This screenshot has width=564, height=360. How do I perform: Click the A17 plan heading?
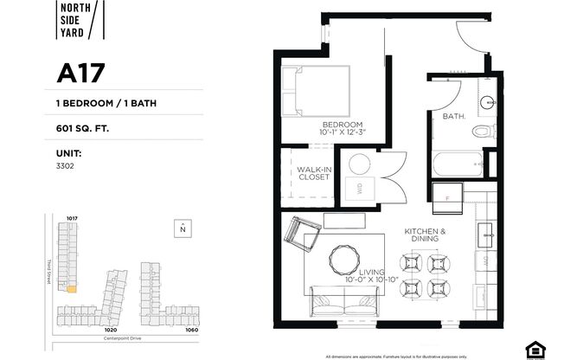tap(80, 74)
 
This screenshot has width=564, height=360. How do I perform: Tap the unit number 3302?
tap(66, 164)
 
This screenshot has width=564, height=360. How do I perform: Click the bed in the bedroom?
tap(321, 94)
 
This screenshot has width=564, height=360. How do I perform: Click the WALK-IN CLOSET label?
tap(313, 173)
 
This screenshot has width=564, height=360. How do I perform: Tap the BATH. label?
tap(454, 115)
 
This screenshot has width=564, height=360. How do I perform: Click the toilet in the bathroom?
tap(483, 132)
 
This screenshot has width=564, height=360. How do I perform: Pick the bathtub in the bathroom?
tap(458, 163)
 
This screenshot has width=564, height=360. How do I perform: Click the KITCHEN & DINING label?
tap(425, 236)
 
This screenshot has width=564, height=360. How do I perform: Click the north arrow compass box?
tap(183, 228)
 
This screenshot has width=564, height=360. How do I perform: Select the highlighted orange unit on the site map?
tap(73, 290)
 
